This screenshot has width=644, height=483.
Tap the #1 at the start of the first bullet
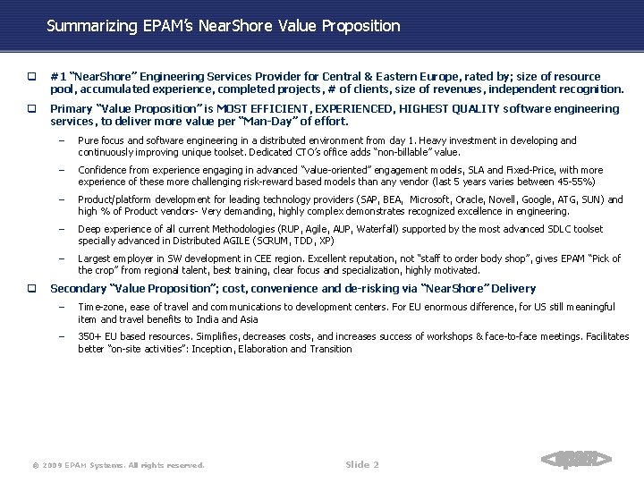coord(57,77)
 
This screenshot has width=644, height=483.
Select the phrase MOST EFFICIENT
coord(261,109)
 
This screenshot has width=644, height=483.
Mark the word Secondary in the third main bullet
coord(78,289)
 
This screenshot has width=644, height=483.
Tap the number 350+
coord(90,336)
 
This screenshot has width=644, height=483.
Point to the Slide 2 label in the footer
coord(361,464)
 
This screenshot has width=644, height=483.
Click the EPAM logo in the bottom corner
coord(577,461)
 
